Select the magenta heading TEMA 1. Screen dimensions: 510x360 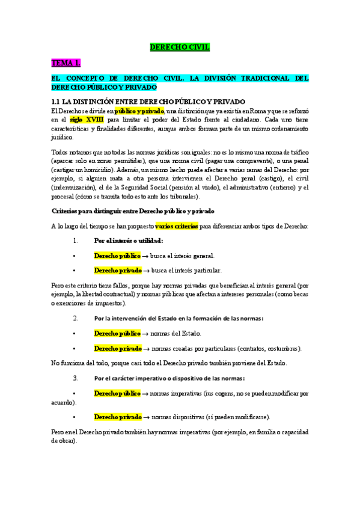66,63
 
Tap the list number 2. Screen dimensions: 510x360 75,318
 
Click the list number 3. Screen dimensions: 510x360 75,378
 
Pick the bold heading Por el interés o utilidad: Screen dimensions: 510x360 129,241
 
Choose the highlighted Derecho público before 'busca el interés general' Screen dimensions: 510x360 117,256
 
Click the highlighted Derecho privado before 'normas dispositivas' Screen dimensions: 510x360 117,417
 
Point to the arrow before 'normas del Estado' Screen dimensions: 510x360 146,333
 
